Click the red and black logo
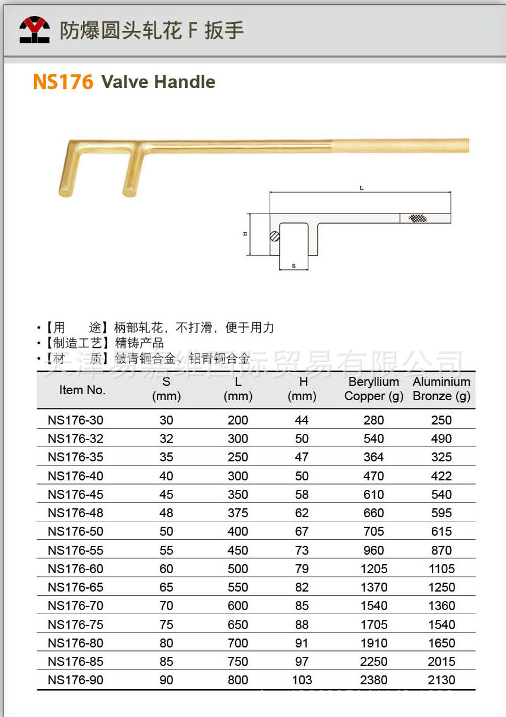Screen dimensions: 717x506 pos(34,29)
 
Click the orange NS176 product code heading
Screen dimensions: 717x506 pos(64,82)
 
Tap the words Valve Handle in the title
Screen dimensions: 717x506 pos(158,82)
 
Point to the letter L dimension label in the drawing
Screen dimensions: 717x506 pos(361,188)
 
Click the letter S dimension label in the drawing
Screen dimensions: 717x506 pos(293,266)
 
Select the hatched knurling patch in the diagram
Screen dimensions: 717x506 pos(418,218)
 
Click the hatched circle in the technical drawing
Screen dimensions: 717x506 pos(274,236)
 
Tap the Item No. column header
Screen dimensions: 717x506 pos(83,390)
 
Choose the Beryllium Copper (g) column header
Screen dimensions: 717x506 pos(374,389)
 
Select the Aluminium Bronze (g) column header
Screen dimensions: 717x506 pos(441,389)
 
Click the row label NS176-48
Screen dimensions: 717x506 pos(75,513)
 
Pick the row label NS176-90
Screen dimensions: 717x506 pos(75,680)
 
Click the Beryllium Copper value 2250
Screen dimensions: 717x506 pos(374,662)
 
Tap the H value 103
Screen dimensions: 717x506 pos(302,680)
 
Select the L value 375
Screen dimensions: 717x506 pos(238,513)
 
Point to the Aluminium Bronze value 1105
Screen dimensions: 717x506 pos(441,569)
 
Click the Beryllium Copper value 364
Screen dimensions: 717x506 pos(374,457)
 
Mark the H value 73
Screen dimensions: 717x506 pos(302,551)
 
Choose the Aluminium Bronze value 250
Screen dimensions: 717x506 pos(441,420)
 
